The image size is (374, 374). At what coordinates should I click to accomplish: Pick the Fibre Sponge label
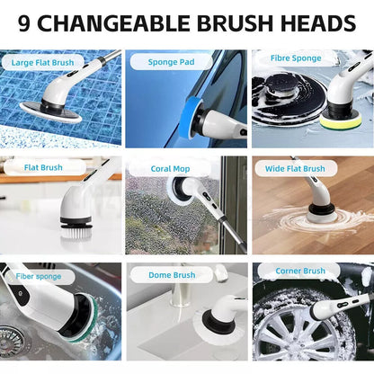point(295,58)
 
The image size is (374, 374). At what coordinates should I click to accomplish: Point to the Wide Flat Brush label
point(295,168)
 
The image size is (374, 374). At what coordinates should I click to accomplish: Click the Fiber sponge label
point(38,276)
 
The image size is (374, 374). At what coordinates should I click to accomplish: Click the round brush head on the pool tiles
point(51,111)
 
